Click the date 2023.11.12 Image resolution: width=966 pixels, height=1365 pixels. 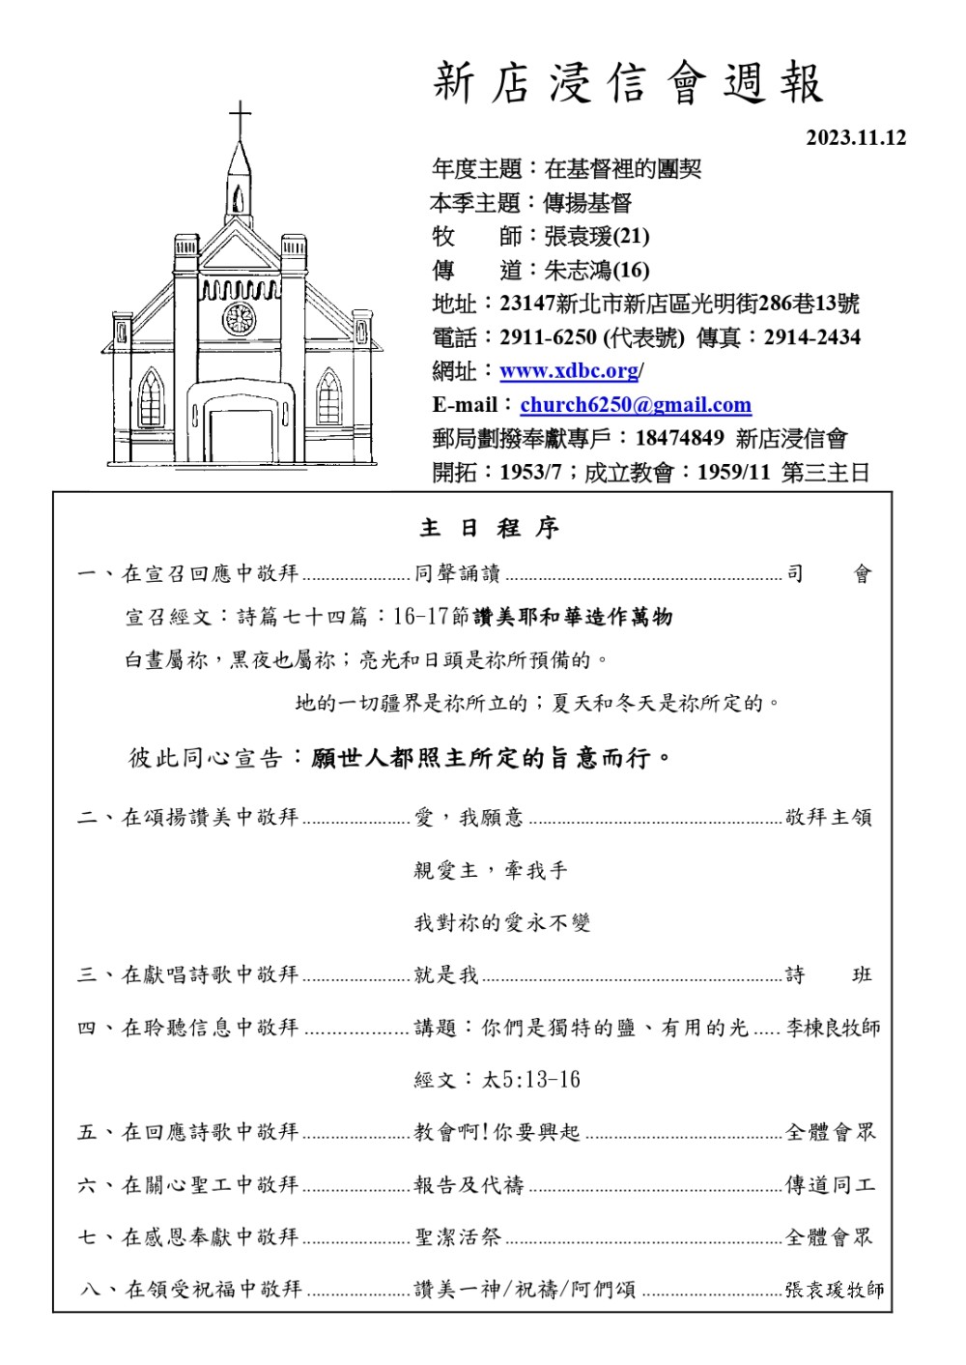[x=856, y=138]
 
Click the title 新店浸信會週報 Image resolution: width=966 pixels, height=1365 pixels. [x=628, y=83]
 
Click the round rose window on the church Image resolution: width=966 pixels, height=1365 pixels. [x=239, y=317]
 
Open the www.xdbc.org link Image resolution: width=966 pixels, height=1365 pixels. [x=569, y=371]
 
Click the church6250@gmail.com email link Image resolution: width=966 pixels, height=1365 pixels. [x=636, y=405]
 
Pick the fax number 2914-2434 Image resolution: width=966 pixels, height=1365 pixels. [x=811, y=337]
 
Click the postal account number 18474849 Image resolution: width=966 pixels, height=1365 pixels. [x=679, y=438]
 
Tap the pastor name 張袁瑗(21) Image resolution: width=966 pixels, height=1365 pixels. [x=596, y=237]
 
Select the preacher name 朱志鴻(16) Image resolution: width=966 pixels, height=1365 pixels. [x=596, y=271]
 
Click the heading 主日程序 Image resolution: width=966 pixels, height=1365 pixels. [x=490, y=528]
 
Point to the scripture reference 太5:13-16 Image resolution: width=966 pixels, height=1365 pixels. [x=531, y=1080]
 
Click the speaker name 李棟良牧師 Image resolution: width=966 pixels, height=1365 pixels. [x=833, y=1028]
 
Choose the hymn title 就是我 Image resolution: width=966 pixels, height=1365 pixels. [x=446, y=974]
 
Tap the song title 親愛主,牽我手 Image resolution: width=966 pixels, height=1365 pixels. [x=491, y=870]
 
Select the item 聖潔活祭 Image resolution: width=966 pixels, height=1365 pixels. [x=458, y=1236]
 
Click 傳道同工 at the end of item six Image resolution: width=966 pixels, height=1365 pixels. [x=830, y=1184]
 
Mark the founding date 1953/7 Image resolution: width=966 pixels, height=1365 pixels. [x=530, y=473]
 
